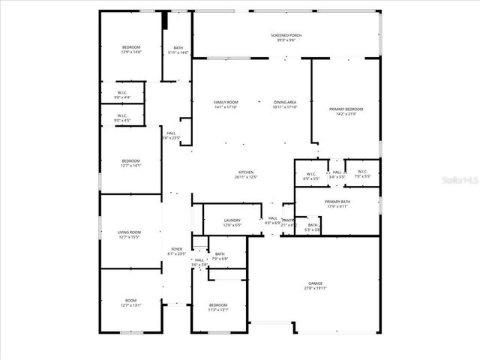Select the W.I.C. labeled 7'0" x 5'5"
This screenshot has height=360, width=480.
click(361, 174)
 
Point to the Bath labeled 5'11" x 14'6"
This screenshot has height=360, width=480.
click(178, 49)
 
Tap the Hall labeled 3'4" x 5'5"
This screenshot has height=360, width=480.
click(337, 174)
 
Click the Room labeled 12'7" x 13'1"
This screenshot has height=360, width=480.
click(131, 303)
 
